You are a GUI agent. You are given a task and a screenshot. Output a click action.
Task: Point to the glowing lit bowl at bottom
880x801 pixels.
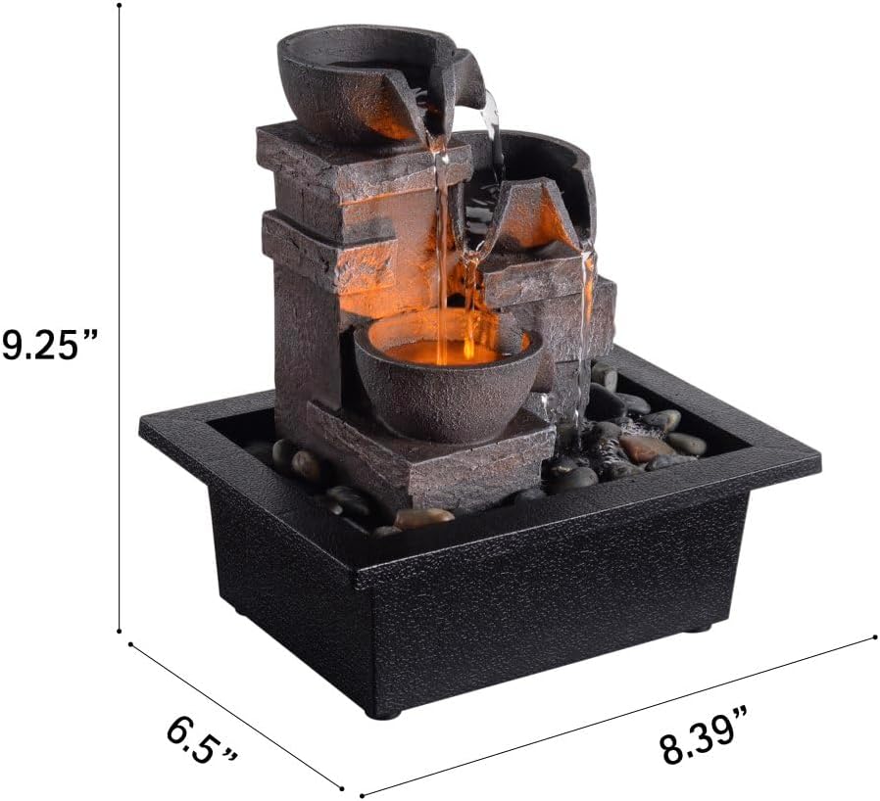pyautogui.click(x=446, y=377)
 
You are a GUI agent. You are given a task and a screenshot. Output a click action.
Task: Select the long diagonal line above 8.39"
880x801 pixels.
pyautogui.click(x=617, y=715)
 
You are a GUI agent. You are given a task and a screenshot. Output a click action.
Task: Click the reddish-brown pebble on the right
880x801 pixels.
pyautogui.click(x=646, y=448)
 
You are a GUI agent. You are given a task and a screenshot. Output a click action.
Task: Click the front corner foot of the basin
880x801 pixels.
pyautogui.click(x=385, y=713)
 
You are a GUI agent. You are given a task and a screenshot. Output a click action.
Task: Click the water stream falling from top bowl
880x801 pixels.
pyautogui.click(x=442, y=245)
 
